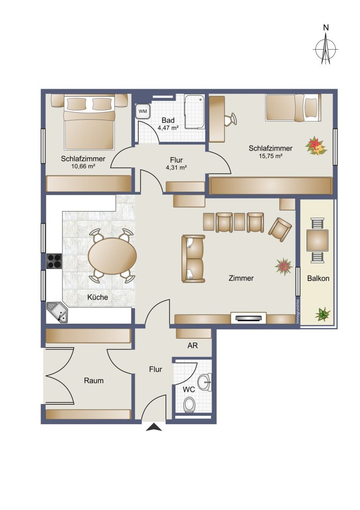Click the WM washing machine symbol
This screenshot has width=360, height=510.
tap(142, 111)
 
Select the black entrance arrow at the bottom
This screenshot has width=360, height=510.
tap(154, 427)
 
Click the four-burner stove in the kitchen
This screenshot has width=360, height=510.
tap(54, 261)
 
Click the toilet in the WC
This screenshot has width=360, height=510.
tap(189, 404)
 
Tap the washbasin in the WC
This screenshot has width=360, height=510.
tap(205, 382)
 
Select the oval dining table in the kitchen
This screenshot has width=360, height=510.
tap(112, 256)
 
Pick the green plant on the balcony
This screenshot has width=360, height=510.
tap(322, 314)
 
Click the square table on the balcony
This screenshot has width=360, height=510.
tap(317, 240)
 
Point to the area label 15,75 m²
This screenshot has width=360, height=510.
tap(270, 156)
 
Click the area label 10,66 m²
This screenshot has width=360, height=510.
tap(83, 166)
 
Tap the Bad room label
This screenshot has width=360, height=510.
tap(168, 120)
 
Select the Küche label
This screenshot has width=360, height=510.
tap(97, 297)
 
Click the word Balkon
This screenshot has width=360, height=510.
tap(318, 278)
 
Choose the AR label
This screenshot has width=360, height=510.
tap(192, 345)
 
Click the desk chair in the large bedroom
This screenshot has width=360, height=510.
tap(231, 119)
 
